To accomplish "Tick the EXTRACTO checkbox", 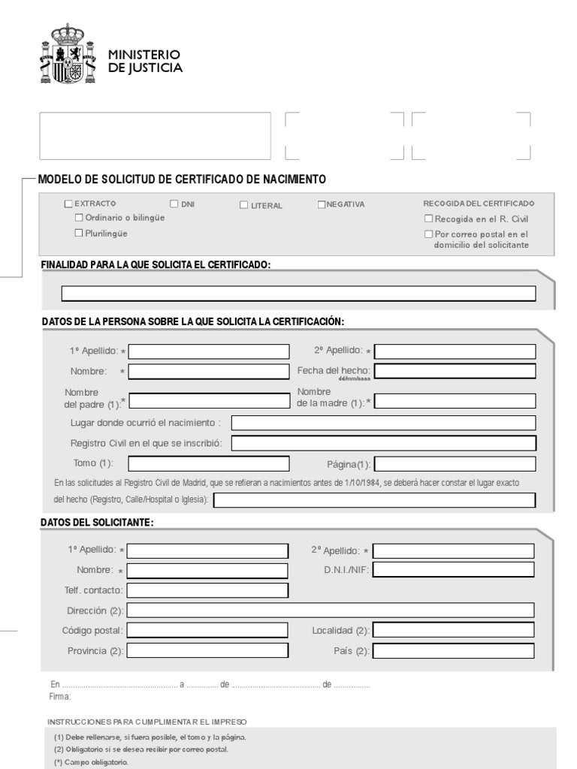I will tap(69, 204).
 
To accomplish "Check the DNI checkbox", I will tap(174, 204).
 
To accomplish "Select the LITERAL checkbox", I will tap(244, 205).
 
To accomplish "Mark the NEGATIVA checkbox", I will tap(322, 204).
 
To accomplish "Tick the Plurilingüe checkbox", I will tap(79, 234).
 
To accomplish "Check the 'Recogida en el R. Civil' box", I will tap(428, 219).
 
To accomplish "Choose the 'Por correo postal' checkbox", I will tap(428, 234).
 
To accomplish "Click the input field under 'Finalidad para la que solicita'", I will tap(298, 294).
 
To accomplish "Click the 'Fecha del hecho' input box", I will tap(455, 371).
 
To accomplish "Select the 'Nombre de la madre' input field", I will tap(455, 401).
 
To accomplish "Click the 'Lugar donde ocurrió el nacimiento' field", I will tap(383, 423).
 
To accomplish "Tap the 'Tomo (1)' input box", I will tap(208, 463).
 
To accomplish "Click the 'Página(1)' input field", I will tap(455, 464).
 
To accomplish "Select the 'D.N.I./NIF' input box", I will tap(454, 570).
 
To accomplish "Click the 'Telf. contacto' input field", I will tap(207, 590).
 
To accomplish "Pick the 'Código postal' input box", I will tap(207, 630).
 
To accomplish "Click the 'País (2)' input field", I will tap(454, 650).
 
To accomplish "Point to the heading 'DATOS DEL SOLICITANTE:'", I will tap(97, 523).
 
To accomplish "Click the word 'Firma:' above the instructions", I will tap(59, 698).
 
